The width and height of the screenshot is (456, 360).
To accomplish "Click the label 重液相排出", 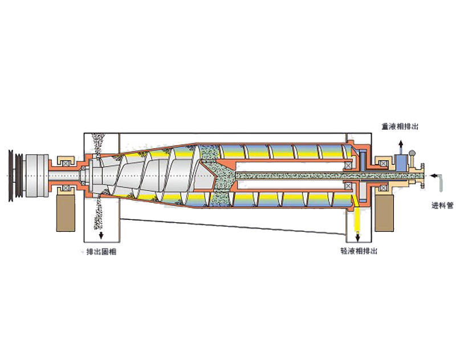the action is click(400, 126).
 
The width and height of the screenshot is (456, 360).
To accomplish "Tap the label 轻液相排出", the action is click(359, 251).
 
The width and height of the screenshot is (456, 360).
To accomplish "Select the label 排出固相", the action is click(101, 252).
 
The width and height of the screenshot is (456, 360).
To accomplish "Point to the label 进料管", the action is click(442, 206).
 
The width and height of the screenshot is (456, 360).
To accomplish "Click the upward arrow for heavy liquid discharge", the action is click(401, 147).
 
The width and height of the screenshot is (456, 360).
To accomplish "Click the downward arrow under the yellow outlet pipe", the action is click(358, 238).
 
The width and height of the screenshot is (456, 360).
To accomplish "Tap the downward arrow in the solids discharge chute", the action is click(101, 235).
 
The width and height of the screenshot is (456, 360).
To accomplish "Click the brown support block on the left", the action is click(66, 213).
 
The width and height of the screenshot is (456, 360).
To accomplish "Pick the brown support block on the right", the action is click(384, 213).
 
